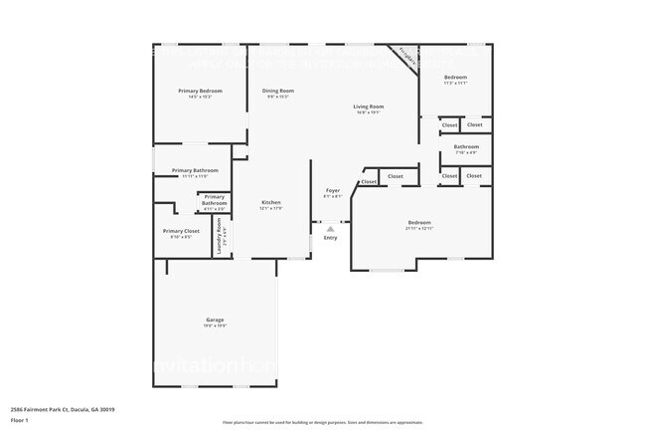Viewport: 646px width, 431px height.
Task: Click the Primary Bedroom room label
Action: tap(201, 91)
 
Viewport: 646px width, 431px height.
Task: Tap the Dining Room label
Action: tap(278, 91)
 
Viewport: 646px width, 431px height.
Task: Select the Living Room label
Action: tap(369, 107)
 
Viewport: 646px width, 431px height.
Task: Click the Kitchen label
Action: tap(271, 202)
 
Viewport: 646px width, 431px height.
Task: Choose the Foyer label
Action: tap(333, 190)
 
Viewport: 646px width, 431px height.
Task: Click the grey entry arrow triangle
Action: tap(331, 229)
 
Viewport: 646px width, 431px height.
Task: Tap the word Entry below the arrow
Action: tap(331, 238)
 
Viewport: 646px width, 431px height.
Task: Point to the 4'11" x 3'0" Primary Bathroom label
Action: tap(215, 209)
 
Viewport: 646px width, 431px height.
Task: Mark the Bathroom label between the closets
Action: tap(466, 146)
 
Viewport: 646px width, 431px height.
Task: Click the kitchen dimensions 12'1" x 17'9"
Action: tap(271, 208)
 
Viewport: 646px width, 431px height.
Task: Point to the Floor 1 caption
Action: tap(20, 421)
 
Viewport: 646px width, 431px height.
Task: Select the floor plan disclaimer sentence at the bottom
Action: tap(323, 422)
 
